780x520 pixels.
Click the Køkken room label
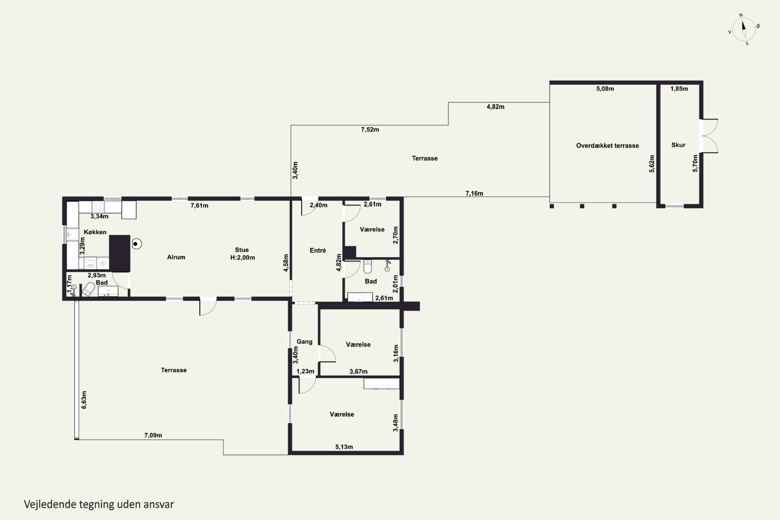pyautogui.click(x=95, y=232)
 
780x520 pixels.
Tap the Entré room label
pyautogui.click(x=318, y=250)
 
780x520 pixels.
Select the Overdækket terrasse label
pyautogui.click(x=607, y=146)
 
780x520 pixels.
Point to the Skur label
pyautogui.click(x=678, y=145)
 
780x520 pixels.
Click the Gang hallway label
pyautogui.click(x=304, y=342)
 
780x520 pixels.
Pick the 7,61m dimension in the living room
pyautogui.click(x=199, y=206)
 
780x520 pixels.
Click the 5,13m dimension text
pyautogui.click(x=344, y=447)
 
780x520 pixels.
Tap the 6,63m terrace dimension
pyautogui.click(x=84, y=400)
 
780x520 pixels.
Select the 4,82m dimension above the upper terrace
pyautogui.click(x=496, y=107)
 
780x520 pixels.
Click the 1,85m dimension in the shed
pyautogui.click(x=679, y=89)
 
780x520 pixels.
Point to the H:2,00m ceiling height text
pyautogui.click(x=242, y=258)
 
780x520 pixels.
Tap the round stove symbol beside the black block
pyautogui.click(x=136, y=244)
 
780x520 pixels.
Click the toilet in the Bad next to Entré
pyautogui.click(x=367, y=266)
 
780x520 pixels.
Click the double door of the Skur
pyautogui.click(x=709, y=136)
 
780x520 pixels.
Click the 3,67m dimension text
pyautogui.click(x=358, y=372)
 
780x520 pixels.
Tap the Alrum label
pyautogui.click(x=176, y=257)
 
